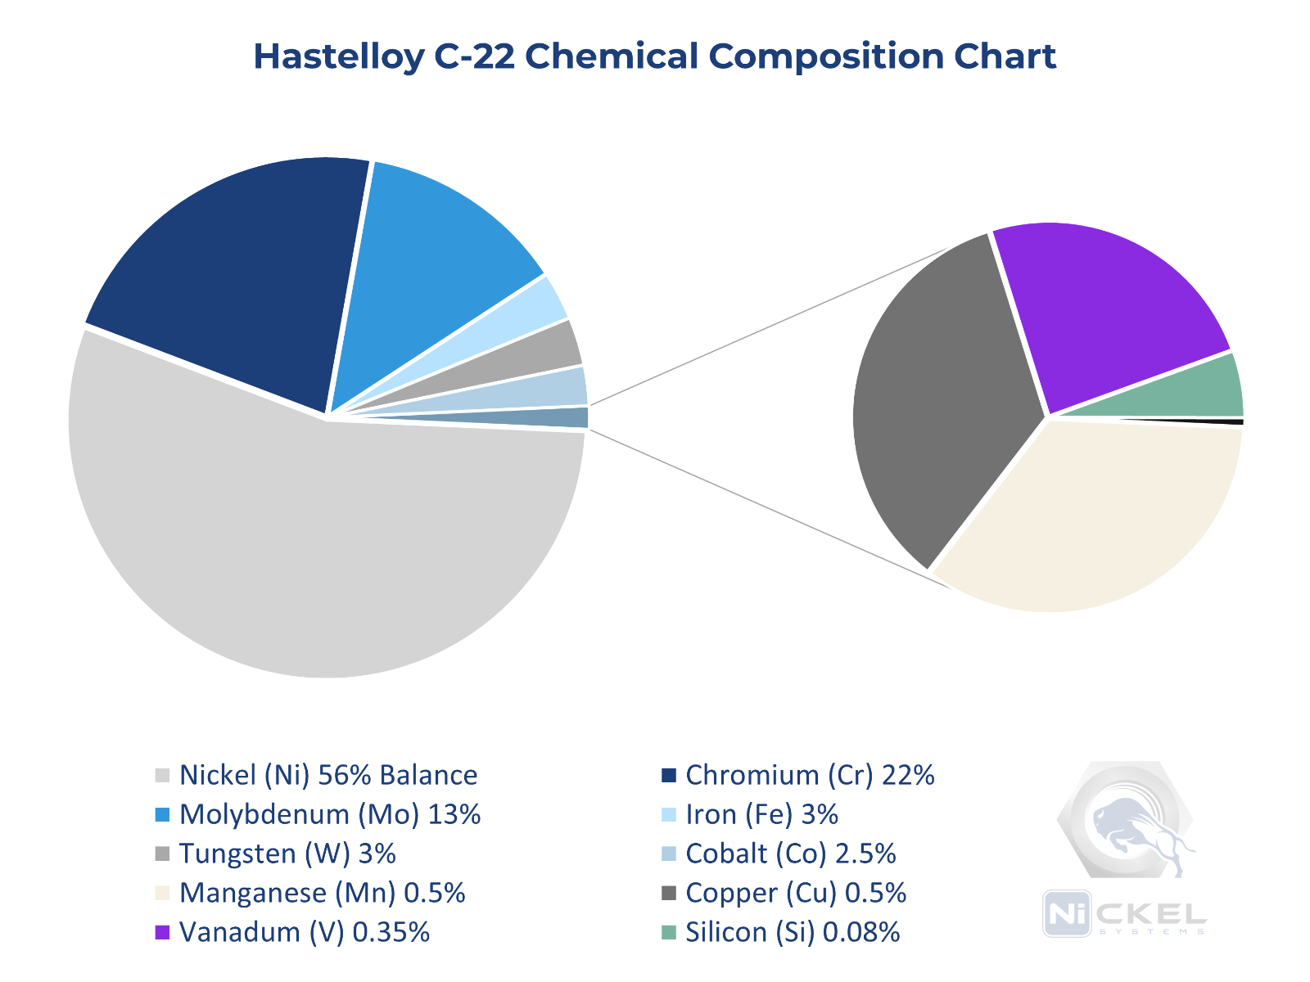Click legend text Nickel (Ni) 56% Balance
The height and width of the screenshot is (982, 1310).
327,775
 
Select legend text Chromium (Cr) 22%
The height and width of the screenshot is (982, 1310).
809,775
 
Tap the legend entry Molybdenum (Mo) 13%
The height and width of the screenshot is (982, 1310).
329,814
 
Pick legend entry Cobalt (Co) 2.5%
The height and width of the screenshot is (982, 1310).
790,854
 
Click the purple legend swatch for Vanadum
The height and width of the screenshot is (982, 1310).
162,932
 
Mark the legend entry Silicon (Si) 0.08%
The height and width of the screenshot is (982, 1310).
792,932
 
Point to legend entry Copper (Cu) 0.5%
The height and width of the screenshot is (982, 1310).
795,893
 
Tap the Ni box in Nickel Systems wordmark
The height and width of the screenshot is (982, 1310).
1067,913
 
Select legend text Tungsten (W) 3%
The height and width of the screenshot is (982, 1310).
287,854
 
